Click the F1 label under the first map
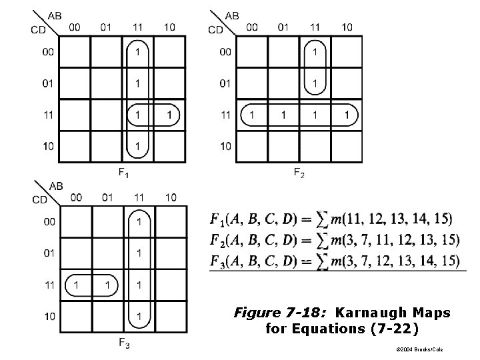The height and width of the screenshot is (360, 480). (124, 173)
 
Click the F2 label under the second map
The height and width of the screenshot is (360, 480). (300, 173)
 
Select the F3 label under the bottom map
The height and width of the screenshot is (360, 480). (125, 343)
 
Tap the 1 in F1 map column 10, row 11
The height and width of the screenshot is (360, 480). (170, 115)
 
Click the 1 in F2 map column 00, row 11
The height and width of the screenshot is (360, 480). (252, 115)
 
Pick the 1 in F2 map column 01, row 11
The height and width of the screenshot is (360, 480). (283, 115)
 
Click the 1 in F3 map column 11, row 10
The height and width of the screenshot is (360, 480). (139, 315)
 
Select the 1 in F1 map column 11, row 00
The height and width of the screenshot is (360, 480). (138, 51)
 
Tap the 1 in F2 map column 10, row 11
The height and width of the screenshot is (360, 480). (347, 115)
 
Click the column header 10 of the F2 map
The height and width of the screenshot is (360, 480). (347, 27)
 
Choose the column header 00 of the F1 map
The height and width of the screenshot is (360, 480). (75, 27)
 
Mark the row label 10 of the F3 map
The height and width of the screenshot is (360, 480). (49, 315)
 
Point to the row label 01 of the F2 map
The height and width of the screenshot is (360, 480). (225, 83)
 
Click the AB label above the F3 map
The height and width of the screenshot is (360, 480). (56, 185)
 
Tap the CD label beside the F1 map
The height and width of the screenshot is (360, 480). (39, 29)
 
